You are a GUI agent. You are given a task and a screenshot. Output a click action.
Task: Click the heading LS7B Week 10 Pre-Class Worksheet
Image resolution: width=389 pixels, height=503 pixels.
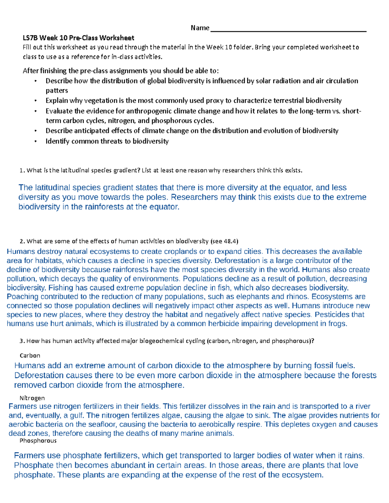point(78,38)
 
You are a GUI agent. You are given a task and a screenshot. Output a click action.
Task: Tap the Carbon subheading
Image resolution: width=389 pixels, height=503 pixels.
point(30,356)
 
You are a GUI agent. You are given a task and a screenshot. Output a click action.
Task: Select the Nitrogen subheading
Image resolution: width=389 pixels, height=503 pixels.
point(32,398)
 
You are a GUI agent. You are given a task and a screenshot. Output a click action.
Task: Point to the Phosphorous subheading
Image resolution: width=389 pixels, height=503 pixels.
point(38,440)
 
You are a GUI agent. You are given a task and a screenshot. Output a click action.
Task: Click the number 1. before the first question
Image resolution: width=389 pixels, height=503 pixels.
point(22,170)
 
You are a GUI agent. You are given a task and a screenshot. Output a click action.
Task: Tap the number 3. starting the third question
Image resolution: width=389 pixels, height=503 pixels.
point(22,341)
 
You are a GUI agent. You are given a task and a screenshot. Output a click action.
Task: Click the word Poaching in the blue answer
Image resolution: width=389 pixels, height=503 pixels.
point(22,297)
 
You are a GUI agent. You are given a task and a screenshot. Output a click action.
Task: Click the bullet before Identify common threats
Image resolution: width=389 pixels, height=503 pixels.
point(36,141)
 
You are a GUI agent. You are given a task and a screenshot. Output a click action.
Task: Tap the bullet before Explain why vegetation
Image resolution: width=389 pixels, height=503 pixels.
point(36,101)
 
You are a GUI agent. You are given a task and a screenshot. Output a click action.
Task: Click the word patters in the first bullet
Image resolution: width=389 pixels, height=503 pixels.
point(57,91)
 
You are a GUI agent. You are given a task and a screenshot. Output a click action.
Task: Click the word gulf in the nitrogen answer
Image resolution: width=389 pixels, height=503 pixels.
point(77,416)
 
